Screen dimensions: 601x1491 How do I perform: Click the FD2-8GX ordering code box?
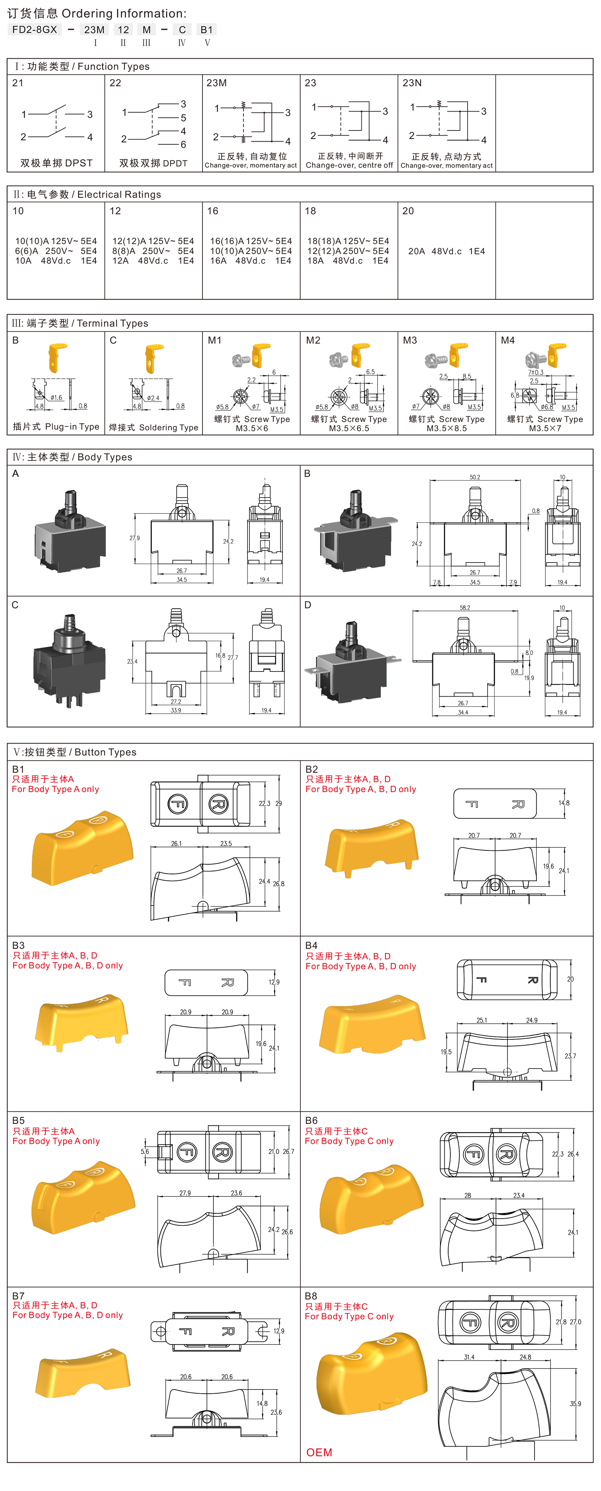coord(35,30)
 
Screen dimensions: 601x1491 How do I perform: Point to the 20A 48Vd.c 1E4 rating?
coord(447,251)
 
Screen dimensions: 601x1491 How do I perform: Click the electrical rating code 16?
coord(213,211)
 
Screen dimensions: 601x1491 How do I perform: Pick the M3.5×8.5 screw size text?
coord(447,428)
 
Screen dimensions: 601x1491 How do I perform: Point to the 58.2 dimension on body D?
coord(465,608)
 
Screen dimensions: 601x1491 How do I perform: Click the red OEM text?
coord(319,1452)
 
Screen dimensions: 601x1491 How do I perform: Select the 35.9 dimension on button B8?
coord(575,1403)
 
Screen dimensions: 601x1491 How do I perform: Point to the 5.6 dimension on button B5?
coord(145,1151)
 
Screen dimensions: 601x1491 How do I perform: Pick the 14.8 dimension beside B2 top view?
coord(564,803)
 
